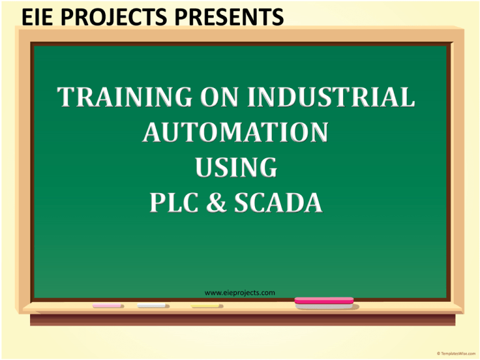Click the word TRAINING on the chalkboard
click(x=124, y=97)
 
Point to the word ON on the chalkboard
click(x=219, y=97)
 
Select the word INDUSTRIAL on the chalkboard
click(x=331, y=97)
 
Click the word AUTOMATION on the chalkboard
click(x=236, y=132)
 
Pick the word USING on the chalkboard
click(x=236, y=167)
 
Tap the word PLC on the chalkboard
click(x=174, y=202)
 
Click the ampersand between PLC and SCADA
click(x=216, y=202)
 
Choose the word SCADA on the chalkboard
click(x=278, y=202)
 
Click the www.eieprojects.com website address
click(x=240, y=293)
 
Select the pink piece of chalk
click(x=107, y=306)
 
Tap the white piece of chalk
click(x=152, y=305)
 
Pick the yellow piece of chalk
click(x=206, y=306)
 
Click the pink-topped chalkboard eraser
click(x=324, y=302)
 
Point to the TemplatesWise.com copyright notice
click(x=456, y=354)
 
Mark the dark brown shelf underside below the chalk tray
click(x=242, y=319)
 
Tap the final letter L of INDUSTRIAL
click(x=406, y=97)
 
